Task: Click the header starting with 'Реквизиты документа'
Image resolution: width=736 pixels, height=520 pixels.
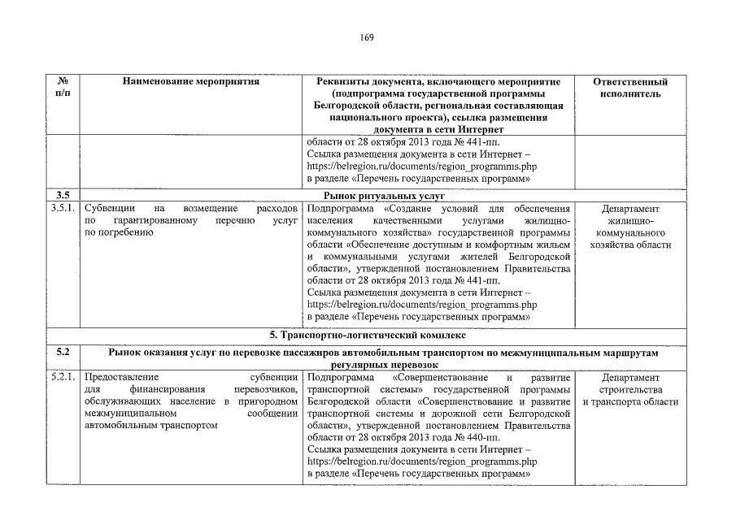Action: pyautogui.click(x=438, y=106)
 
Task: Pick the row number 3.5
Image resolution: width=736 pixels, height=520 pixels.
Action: pyautogui.click(x=63, y=196)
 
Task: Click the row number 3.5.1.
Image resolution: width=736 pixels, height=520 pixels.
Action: pyautogui.click(x=65, y=209)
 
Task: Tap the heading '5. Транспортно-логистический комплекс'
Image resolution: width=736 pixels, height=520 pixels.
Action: pyautogui.click(x=368, y=334)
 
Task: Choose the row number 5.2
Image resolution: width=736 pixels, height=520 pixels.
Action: pyautogui.click(x=63, y=353)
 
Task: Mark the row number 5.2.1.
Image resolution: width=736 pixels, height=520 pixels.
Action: pyautogui.click(x=65, y=378)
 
